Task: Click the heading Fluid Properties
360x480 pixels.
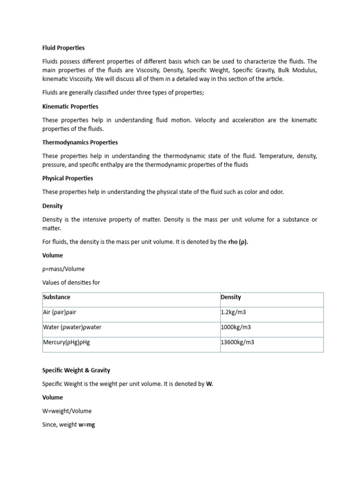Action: (x=63, y=48)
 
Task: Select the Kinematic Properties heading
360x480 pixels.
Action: (x=70, y=106)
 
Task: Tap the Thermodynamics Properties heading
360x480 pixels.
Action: (x=80, y=142)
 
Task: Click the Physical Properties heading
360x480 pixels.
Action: (x=67, y=178)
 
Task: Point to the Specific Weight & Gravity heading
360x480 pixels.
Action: (x=76, y=370)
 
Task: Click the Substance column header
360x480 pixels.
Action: (x=57, y=297)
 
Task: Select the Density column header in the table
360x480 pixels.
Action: (x=231, y=297)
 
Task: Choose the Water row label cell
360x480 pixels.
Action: (x=72, y=327)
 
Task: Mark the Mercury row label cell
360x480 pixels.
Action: (x=66, y=342)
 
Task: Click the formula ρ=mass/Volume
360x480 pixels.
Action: (x=64, y=269)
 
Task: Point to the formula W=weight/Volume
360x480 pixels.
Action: (x=67, y=411)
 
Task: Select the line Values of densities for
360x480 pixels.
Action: (x=71, y=283)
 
